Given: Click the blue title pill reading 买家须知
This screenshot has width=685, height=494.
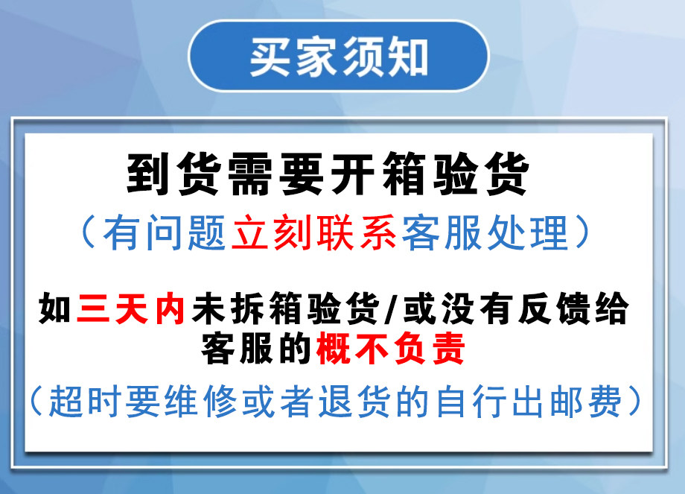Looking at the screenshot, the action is (x=339, y=56).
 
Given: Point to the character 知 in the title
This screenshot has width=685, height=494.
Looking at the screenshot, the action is (x=407, y=57).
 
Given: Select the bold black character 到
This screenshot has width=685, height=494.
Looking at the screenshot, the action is (x=147, y=174).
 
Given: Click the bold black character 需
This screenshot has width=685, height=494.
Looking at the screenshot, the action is (x=250, y=174).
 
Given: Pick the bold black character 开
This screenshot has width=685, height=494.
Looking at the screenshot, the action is (x=352, y=174).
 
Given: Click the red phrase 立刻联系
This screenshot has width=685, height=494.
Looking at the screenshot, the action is (x=314, y=232).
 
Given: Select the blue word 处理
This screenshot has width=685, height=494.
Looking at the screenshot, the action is (x=528, y=232).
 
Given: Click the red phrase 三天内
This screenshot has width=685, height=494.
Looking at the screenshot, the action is (x=130, y=308).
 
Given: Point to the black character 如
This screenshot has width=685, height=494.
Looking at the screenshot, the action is (x=55, y=308).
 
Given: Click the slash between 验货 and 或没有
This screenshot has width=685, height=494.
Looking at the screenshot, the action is (x=392, y=308).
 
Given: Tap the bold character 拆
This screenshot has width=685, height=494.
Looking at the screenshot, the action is (x=247, y=308).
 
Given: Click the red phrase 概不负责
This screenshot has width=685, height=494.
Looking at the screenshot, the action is (x=391, y=349).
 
